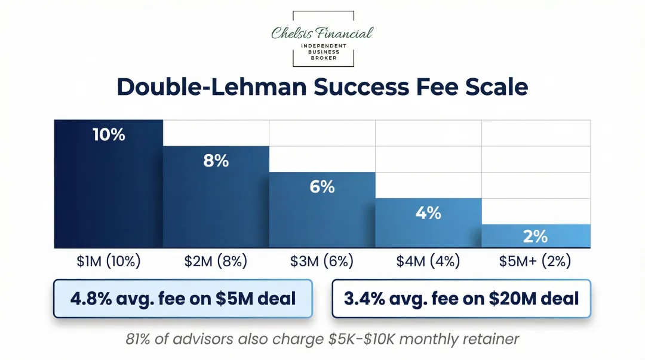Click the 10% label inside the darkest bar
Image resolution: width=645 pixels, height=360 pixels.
pyautogui.click(x=109, y=134)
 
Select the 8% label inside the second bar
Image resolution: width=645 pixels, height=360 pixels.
pyautogui.click(x=216, y=161)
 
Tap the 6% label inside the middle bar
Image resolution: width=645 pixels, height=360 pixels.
pyautogui.click(x=322, y=187)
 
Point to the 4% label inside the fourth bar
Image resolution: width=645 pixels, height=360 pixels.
pyautogui.click(x=428, y=213)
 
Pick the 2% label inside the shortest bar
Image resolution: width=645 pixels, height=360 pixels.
pyautogui.click(x=535, y=236)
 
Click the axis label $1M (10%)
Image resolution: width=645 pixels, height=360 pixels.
pyautogui.click(x=108, y=261)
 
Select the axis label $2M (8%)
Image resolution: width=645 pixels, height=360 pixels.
pyautogui.click(x=215, y=261)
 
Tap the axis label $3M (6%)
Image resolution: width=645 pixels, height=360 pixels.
pyautogui.click(x=322, y=261)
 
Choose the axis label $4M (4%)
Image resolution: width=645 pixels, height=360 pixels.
pyautogui.click(x=428, y=261)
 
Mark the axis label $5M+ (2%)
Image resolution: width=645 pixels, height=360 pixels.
pyautogui.click(x=535, y=261)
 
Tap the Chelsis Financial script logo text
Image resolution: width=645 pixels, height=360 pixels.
pyautogui.click(x=322, y=32)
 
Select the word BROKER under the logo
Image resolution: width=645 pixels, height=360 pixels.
pyautogui.click(x=322, y=58)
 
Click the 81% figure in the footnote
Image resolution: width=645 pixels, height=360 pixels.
pyautogui.click(x=139, y=339)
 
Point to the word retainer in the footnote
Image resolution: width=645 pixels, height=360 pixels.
pyautogui.click(x=490, y=339)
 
